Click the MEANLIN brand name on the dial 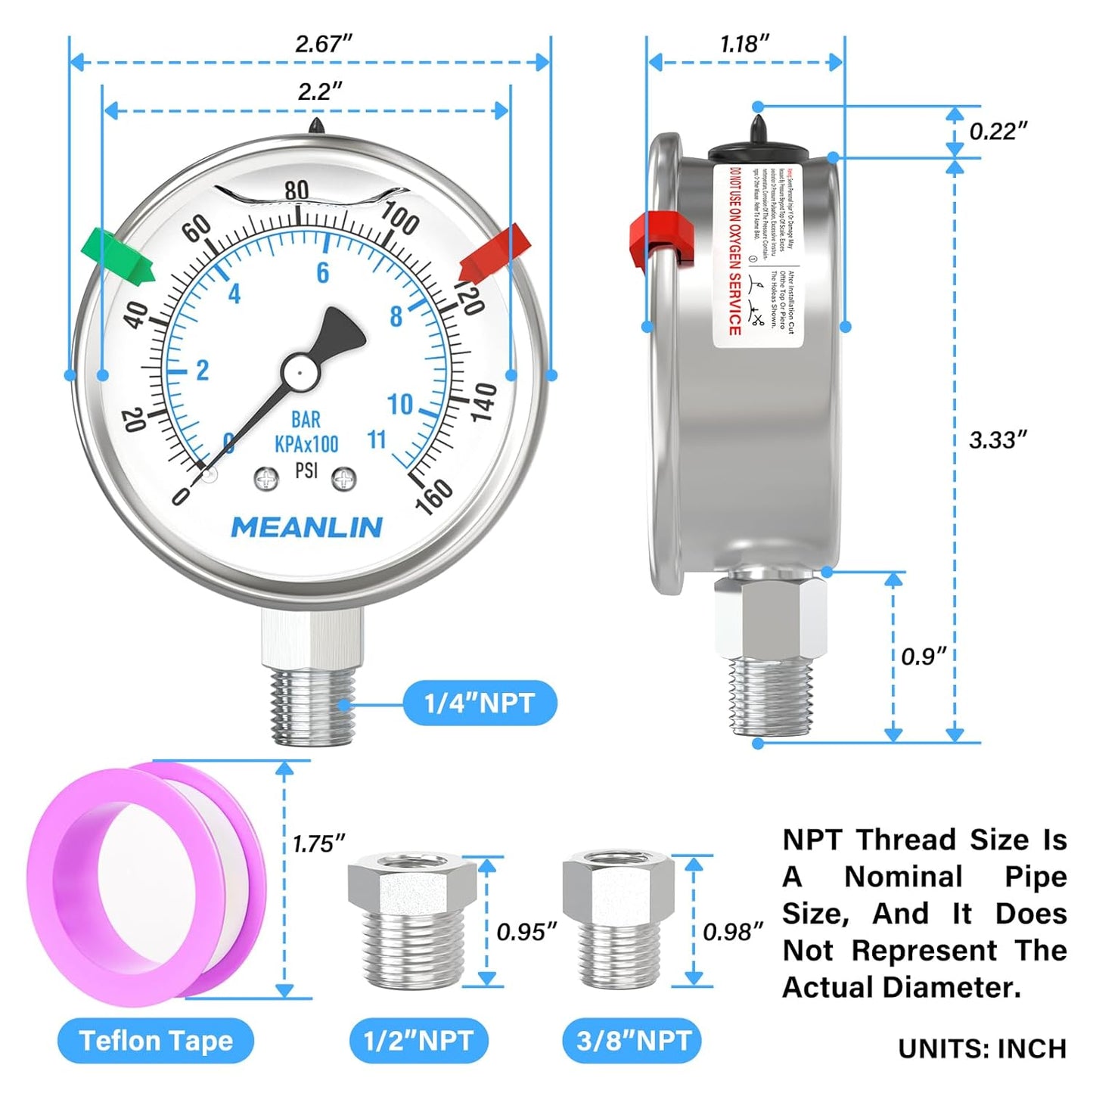click(x=306, y=527)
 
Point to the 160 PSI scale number click(x=433, y=497)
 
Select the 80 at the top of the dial click(x=297, y=190)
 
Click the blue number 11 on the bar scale click(x=376, y=439)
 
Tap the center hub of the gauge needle click(x=300, y=371)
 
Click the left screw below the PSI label click(x=266, y=478)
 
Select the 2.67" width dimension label click(x=323, y=44)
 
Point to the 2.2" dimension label click(x=319, y=92)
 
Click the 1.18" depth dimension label click(x=744, y=44)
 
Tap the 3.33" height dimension click(x=998, y=439)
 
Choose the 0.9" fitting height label click(x=923, y=656)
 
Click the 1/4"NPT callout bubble click(x=480, y=703)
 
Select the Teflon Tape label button click(x=156, y=1042)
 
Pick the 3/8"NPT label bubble click(x=632, y=1042)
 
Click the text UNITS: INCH click(x=982, y=1049)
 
